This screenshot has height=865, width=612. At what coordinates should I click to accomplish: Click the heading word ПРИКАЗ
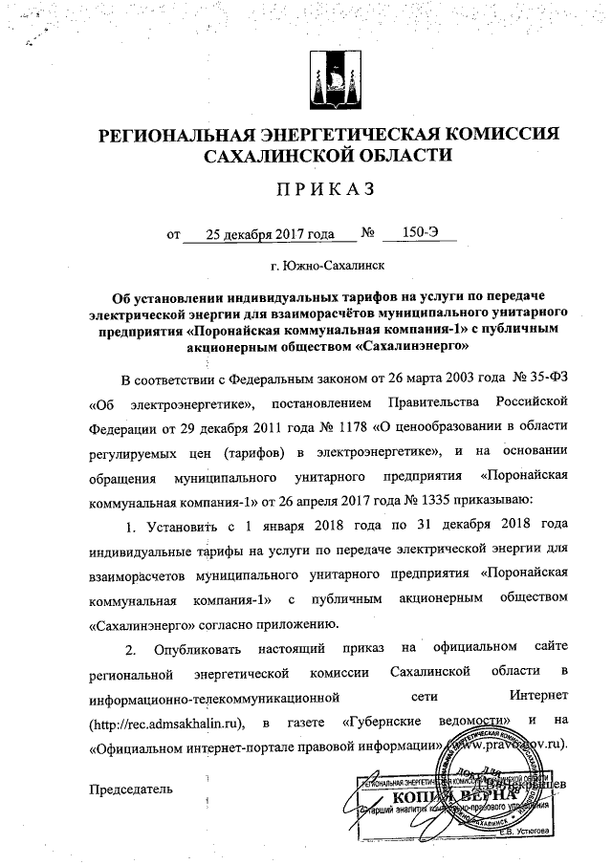(320, 190)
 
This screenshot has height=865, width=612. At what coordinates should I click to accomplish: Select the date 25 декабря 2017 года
(260, 232)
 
